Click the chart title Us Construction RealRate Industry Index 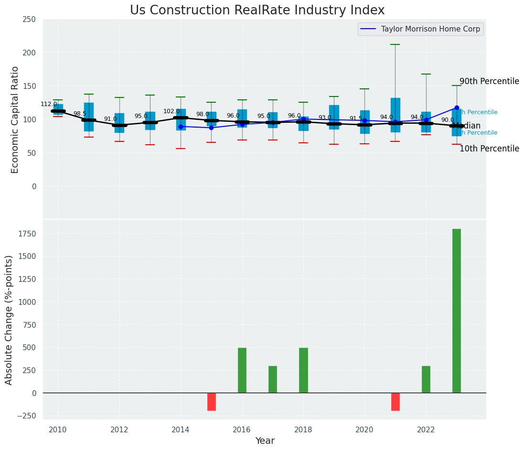coord(257,11)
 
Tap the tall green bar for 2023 coord(457,311)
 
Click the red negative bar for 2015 coord(212,402)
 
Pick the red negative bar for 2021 coord(396,402)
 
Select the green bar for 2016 coord(242,370)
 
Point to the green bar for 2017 coord(273,379)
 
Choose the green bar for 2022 coord(426,379)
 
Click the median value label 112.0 coord(49,104)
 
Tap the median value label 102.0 coord(171,111)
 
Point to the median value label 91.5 coord(356,118)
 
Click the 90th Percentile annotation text coord(489,81)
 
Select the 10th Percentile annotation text coord(489,149)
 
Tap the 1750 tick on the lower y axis coord(25,234)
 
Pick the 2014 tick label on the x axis coord(181,429)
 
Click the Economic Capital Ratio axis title coord(15,119)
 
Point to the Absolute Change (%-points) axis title coord(9,320)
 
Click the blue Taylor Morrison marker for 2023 coord(457,107)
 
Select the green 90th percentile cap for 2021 coord(396,44)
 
